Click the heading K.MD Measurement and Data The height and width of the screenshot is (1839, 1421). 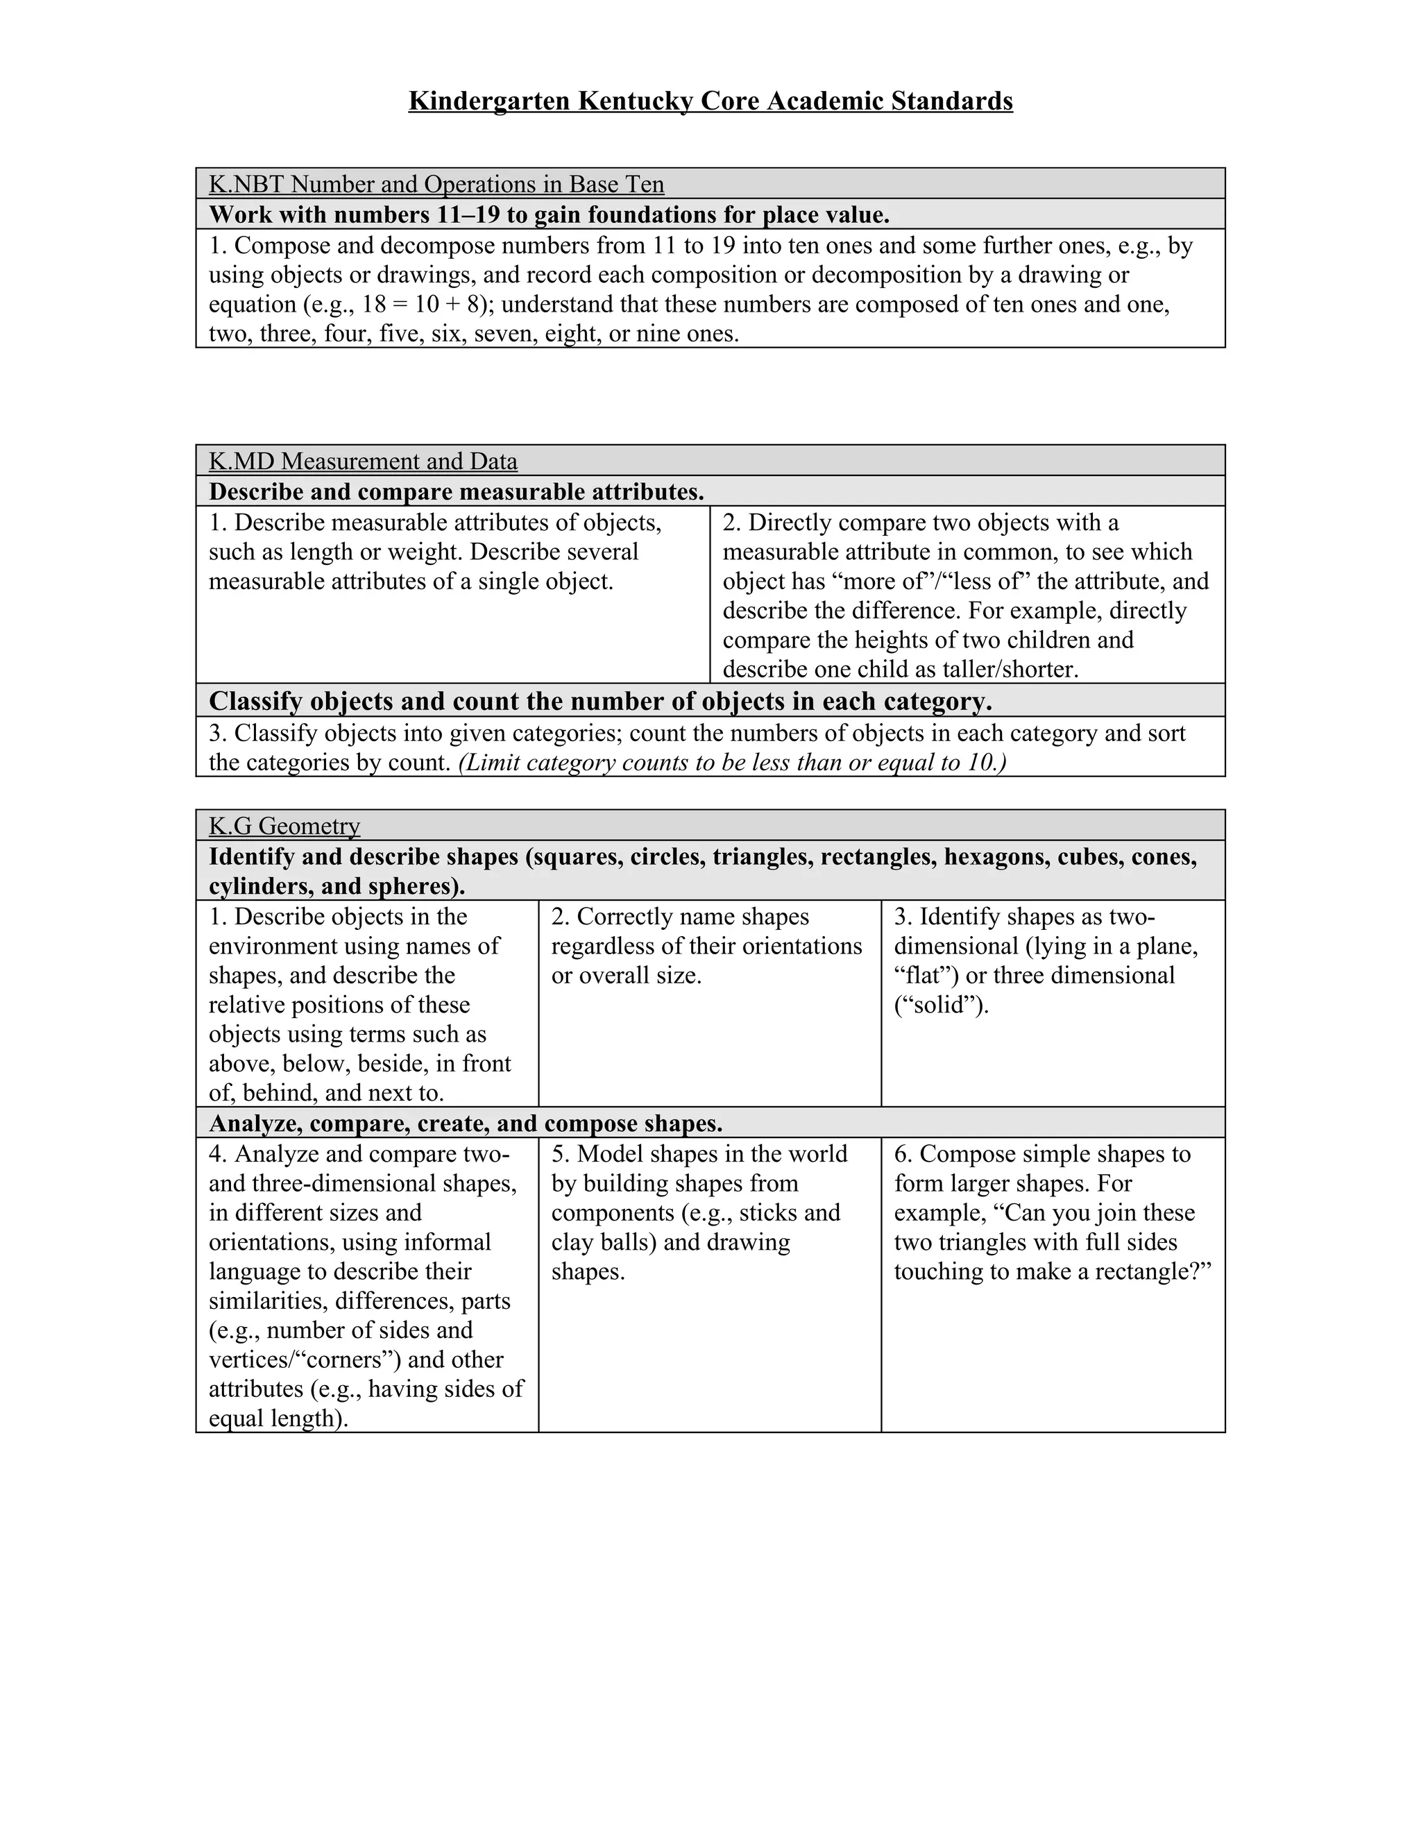pos(363,461)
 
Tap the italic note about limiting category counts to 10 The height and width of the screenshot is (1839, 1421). pos(733,762)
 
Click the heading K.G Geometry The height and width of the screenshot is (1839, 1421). pos(284,825)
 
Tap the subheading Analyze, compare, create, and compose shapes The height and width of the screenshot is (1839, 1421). pos(466,1124)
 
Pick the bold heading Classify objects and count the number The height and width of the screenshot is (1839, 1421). pos(599,701)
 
